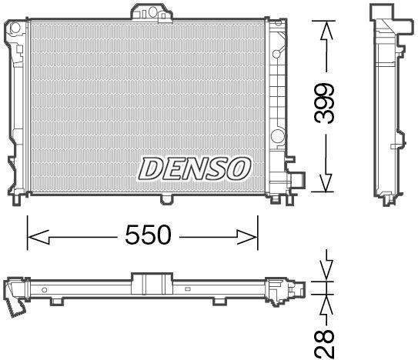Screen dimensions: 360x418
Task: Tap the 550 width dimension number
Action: pos(148,235)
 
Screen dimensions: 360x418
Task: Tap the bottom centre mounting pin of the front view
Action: pos(166,200)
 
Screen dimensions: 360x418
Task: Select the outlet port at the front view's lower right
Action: pos(294,182)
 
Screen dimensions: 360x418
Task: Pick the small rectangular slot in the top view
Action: pos(187,290)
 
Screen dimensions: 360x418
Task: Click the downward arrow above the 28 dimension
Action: pos(326,272)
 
